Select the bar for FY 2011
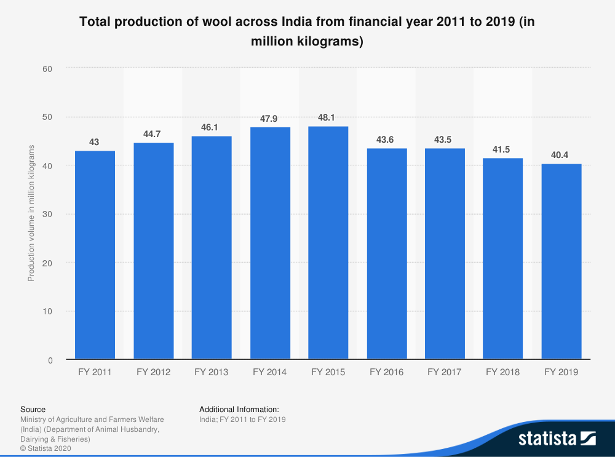click(x=95, y=255)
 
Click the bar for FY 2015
click(x=328, y=242)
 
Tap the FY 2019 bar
click(x=561, y=261)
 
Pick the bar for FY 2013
click(x=212, y=247)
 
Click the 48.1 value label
click(x=328, y=117)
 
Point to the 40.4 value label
click(x=560, y=155)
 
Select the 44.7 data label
click(x=153, y=133)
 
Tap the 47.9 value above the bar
click(x=270, y=118)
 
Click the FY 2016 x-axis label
click(x=386, y=372)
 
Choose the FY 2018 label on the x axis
click(x=502, y=372)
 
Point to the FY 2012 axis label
click(x=153, y=372)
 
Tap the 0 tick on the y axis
click(x=50, y=360)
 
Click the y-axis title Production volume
click(x=31, y=213)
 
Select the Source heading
click(x=33, y=409)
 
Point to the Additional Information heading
click(x=239, y=409)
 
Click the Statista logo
click(x=557, y=439)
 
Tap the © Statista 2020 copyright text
click(x=46, y=448)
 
